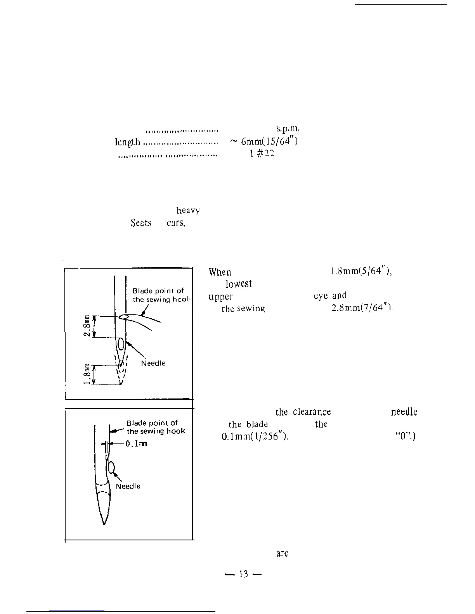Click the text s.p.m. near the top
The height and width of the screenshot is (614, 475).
tap(288, 129)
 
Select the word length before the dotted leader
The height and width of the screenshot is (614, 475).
tap(127, 142)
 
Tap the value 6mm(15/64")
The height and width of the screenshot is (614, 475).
tap(269, 141)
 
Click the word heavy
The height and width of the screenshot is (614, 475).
tap(188, 210)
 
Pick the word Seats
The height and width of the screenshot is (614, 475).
tap(141, 223)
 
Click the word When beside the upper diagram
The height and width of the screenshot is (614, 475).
tap(220, 273)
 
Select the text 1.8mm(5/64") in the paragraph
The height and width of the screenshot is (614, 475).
tap(361, 272)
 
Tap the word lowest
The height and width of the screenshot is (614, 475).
tap(238, 284)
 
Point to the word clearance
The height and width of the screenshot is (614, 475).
tap(312, 412)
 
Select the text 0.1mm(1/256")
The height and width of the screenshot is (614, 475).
tap(255, 436)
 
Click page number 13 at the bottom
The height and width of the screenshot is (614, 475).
tap(243, 574)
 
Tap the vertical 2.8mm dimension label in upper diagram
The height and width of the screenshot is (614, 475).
tap(88, 326)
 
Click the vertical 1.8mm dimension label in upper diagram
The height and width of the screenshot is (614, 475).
tap(88, 374)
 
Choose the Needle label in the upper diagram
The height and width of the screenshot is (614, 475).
tap(153, 363)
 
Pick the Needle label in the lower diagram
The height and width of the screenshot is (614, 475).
tap(128, 486)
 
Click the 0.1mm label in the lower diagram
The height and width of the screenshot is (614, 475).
tap(136, 444)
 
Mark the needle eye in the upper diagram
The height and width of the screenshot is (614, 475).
tap(121, 343)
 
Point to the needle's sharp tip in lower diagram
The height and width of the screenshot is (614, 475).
tap(104, 524)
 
